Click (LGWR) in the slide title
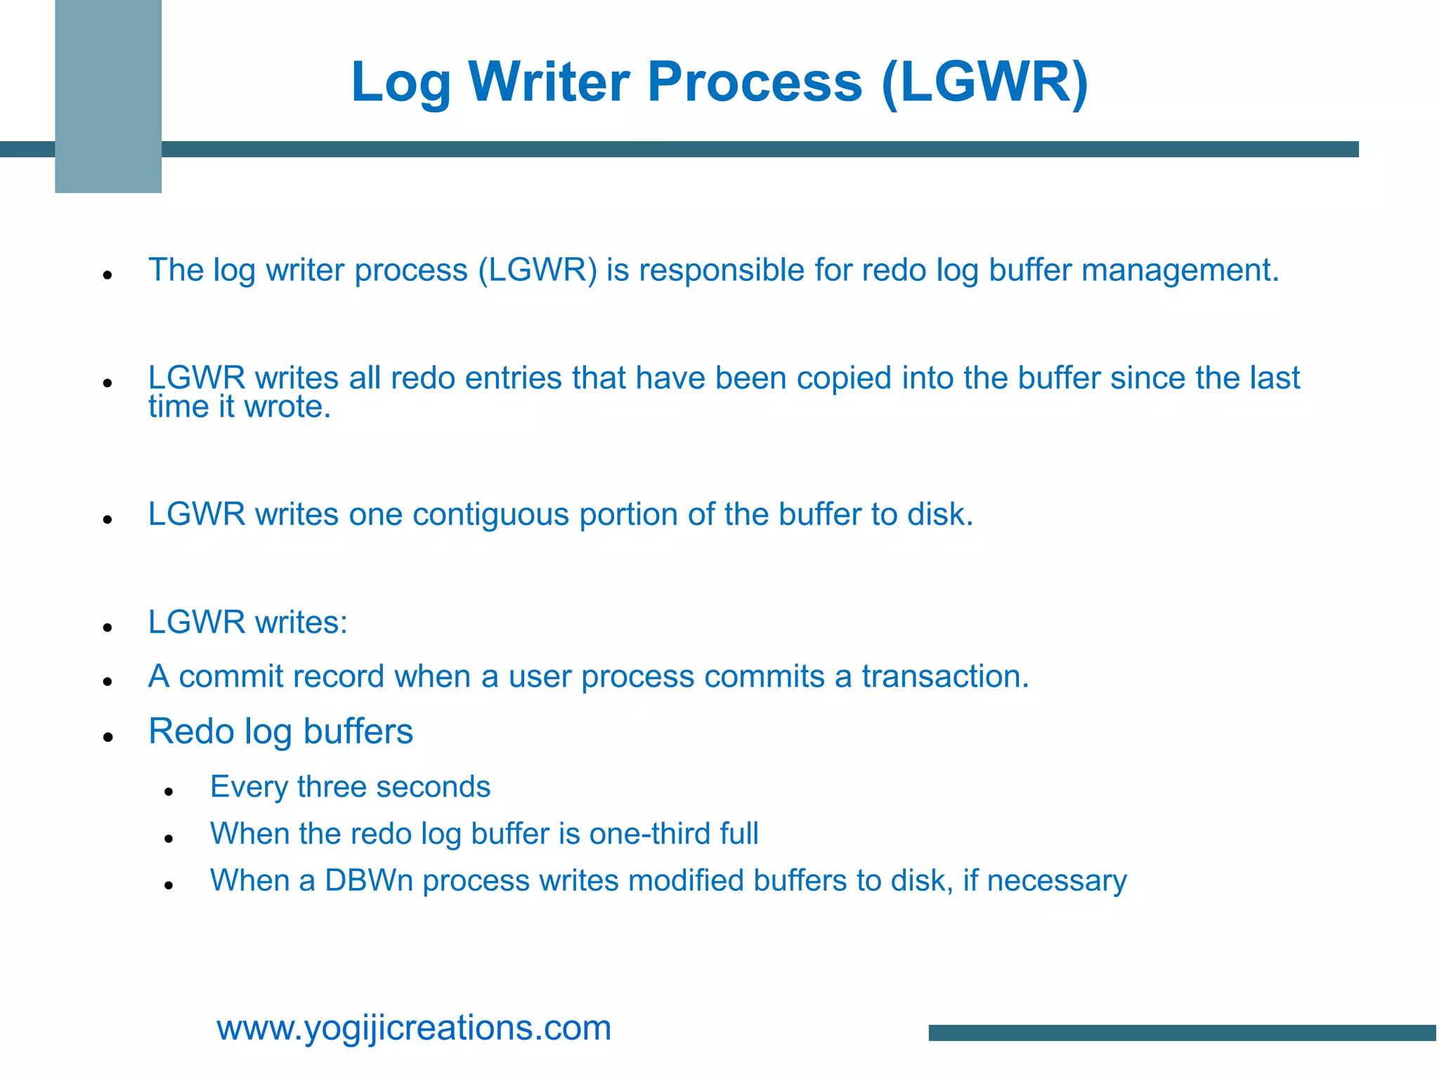(984, 83)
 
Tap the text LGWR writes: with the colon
(248, 622)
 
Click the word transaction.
(945, 676)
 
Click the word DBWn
(368, 881)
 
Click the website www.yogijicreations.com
(414, 1028)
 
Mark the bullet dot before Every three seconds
(169, 792)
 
